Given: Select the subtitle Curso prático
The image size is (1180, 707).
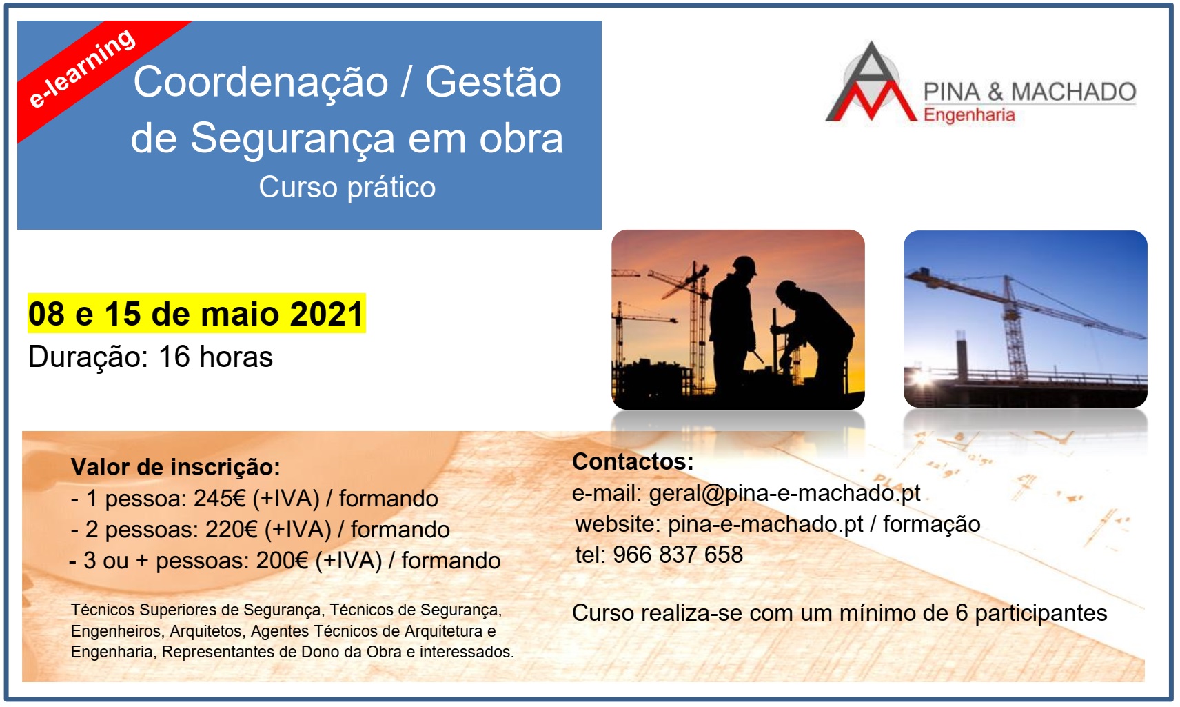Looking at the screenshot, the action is pyautogui.click(x=347, y=188).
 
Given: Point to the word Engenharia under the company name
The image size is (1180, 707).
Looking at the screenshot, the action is pyautogui.click(x=969, y=115).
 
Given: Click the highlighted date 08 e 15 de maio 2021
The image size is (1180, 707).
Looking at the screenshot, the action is pyautogui.click(x=196, y=314).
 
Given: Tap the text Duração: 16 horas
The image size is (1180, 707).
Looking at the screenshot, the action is pyautogui.click(x=151, y=357).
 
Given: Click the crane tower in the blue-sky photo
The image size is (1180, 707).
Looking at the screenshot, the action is pyautogui.click(x=1013, y=328).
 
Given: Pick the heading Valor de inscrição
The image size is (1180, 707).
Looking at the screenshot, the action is pyautogui.click(x=176, y=467).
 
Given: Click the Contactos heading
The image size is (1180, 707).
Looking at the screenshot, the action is pyautogui.click(x=633, y=462).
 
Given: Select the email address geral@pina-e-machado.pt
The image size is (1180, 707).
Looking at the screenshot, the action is pyautogui.click(x=784, y=493).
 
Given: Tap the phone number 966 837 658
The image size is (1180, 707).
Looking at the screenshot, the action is pyautogui.click(x=678, y=555).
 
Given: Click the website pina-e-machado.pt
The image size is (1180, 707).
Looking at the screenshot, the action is pyautogui.click(x=766, y=525).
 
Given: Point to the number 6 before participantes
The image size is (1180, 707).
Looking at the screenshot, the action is pyautogui.click(x=962, y=613).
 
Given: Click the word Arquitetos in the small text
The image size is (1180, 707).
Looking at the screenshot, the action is pyautogui.click(x=206, y=632).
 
